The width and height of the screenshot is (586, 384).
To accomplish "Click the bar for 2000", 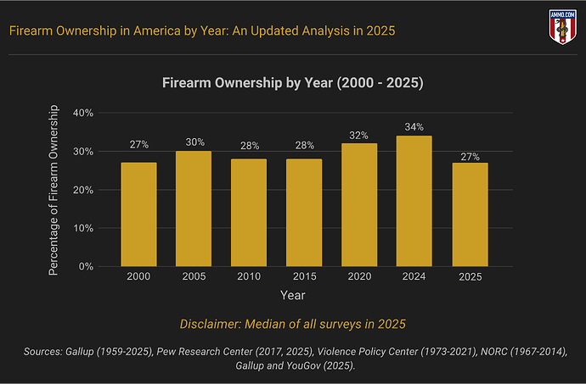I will click(138, 214).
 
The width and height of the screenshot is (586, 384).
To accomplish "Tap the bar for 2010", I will click(249, 213).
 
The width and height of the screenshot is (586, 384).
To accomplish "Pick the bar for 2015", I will click(304, 213).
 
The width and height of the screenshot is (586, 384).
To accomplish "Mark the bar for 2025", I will click(470, 214).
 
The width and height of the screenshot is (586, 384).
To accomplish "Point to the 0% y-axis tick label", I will click(87, 267).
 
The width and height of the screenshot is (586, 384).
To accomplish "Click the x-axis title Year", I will click(293, 296).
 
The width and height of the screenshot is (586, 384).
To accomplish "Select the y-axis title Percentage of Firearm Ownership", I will click(54, 190).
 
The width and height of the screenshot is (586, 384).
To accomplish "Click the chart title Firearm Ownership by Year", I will click(293, 84).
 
